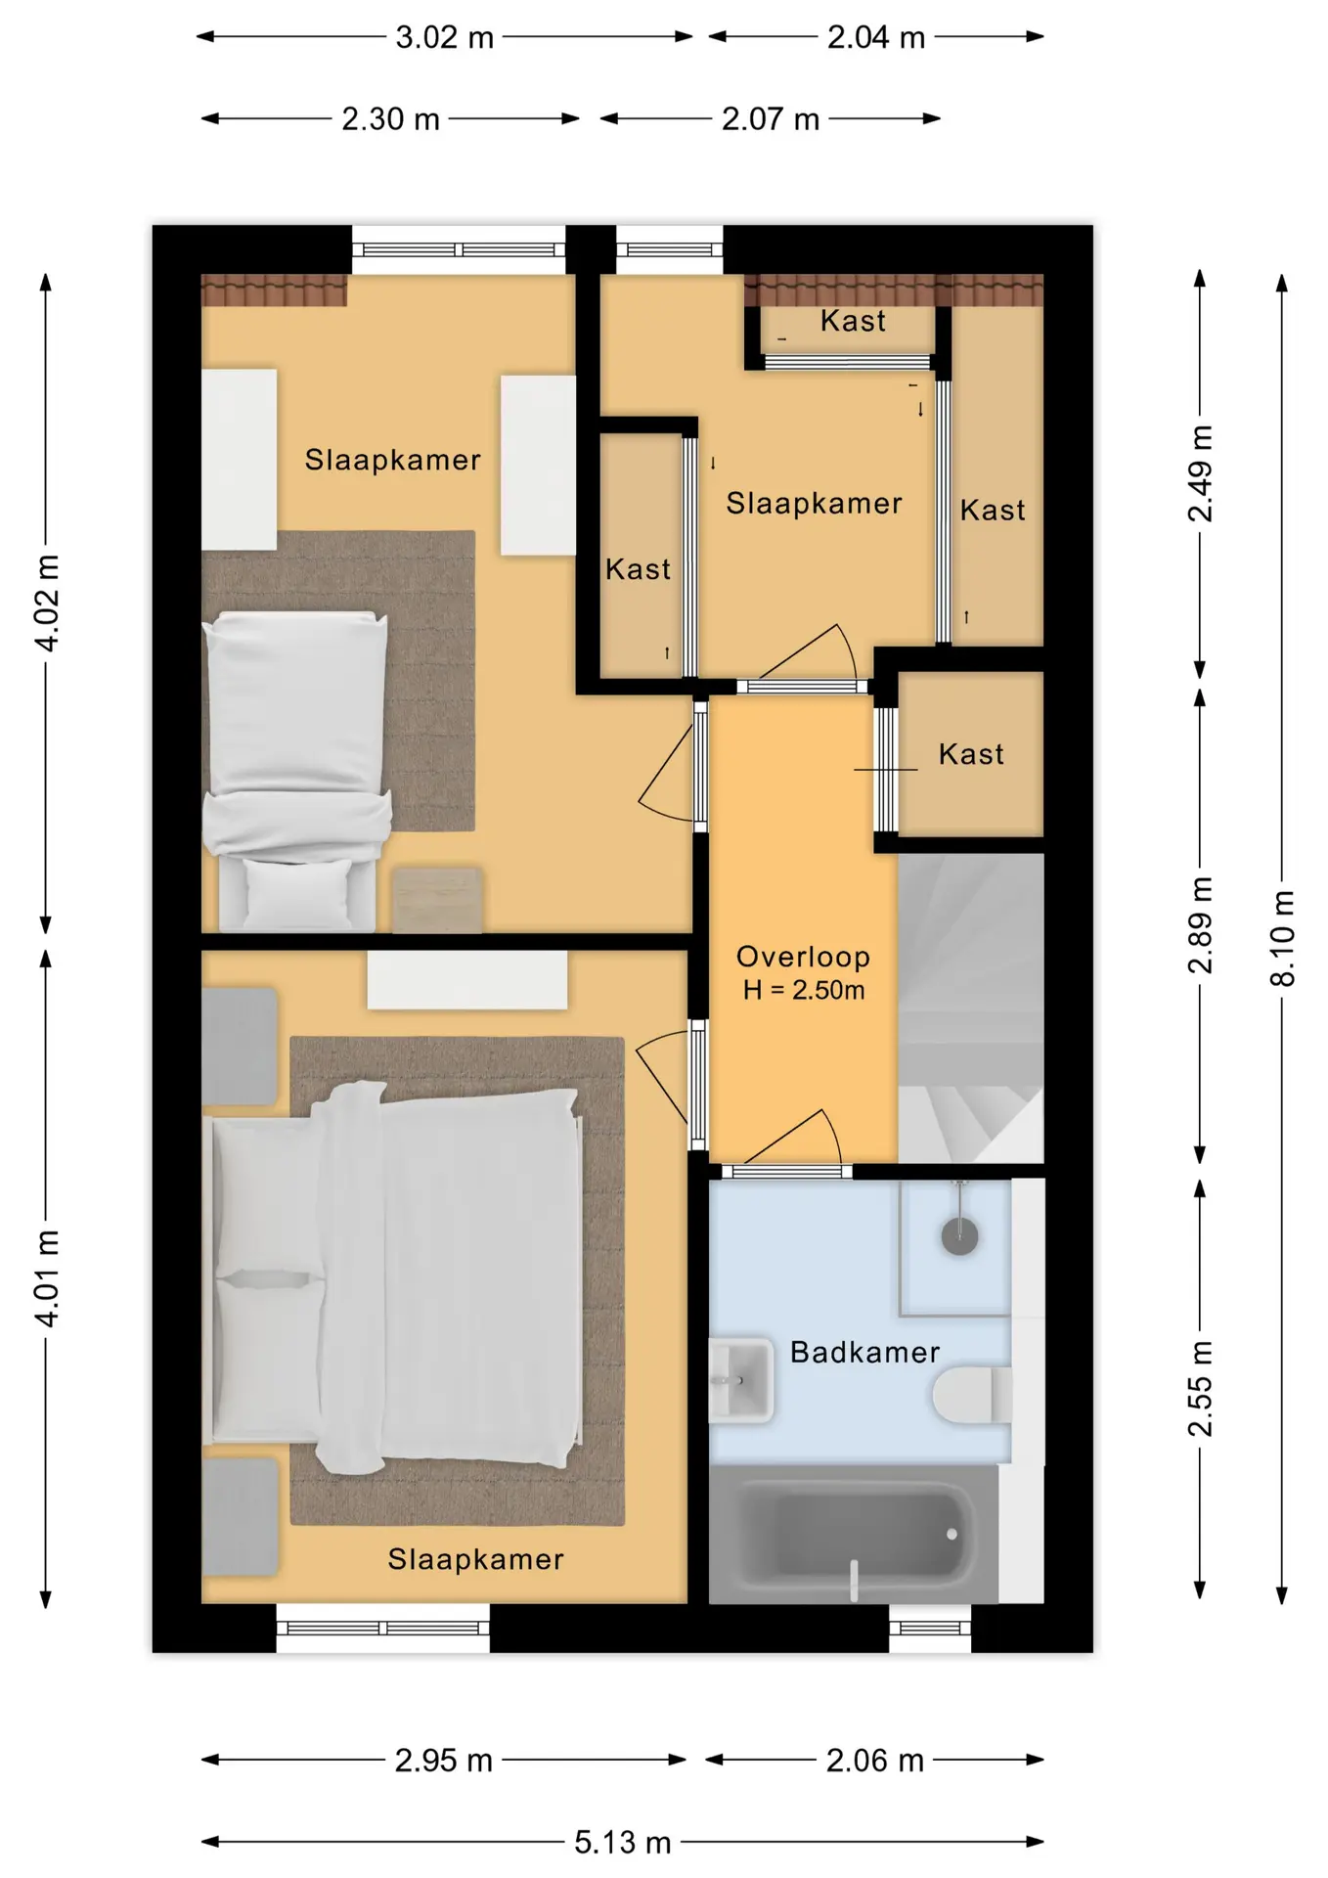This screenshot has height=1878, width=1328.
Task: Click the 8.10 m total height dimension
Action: (x=1282, y=938)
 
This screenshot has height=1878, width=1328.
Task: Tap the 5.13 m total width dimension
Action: (x=622, y=1843)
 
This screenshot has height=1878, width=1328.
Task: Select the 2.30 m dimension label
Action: (x=390, y=119)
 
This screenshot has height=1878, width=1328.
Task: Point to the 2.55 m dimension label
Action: (x=1200, y=1389)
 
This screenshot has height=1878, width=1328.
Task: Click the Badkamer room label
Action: (x=864, y=1352)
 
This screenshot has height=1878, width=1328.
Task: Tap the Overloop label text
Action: (x=803, y=957)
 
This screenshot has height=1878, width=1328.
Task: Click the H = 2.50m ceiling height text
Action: (x=804, y=990)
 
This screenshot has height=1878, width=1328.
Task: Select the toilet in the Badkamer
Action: (x=972, y=1395)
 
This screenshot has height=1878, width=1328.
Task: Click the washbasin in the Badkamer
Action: (x=740, y=1380)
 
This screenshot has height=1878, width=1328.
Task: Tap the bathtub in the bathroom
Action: (x=854, y=1534)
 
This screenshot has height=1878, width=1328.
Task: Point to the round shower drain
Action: (x=959, y=1236)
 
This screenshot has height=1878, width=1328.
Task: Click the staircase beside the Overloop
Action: (x=971, y=1008)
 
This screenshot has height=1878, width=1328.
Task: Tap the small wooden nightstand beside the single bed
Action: (x=437, y=899)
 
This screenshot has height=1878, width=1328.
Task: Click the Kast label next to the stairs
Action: (x=971, y=754)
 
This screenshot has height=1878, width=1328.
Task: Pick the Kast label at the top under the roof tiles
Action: (x=853, y=321)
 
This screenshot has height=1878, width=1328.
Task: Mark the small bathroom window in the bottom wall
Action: (x=930, y=1629)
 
